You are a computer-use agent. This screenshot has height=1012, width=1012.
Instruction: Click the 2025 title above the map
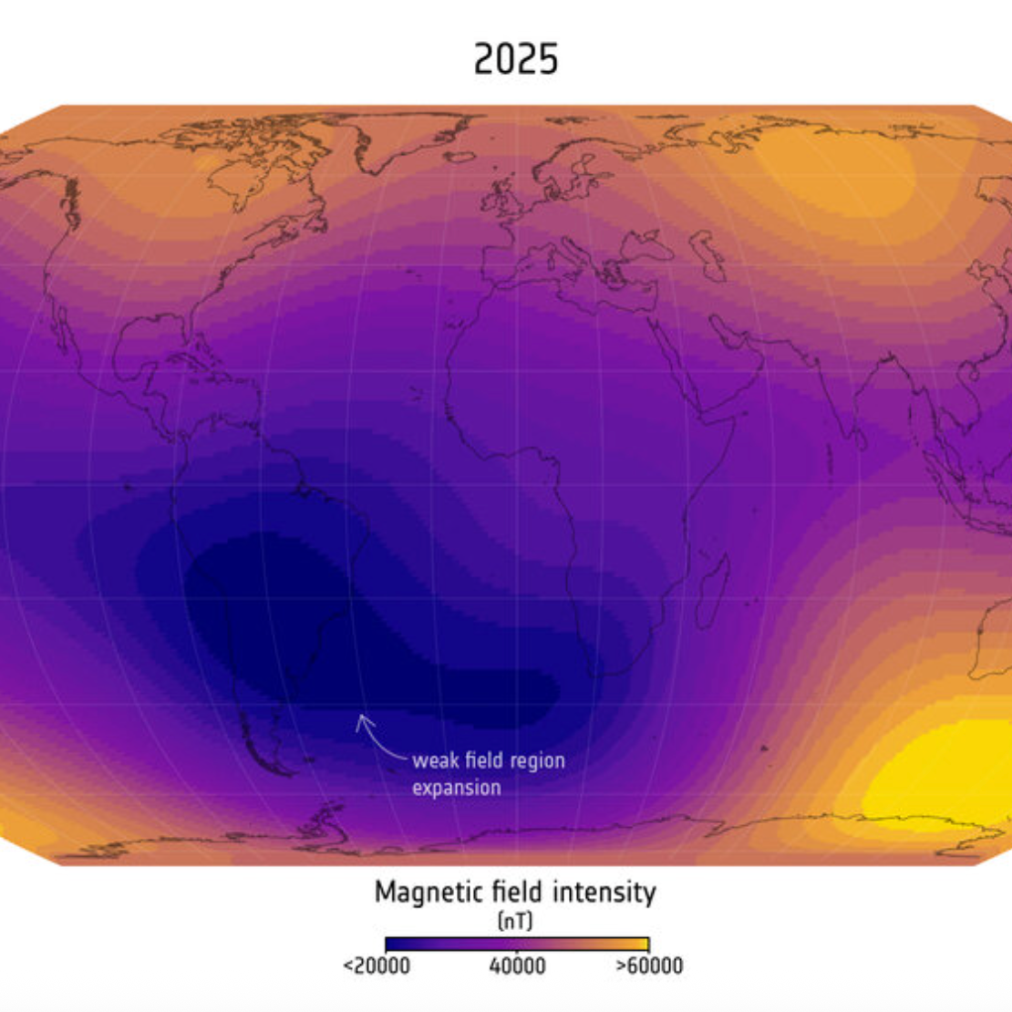(515, 60)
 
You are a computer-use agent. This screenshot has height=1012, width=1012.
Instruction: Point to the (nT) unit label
(515, 920)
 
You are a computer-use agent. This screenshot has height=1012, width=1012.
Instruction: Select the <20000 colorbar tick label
(377, 966)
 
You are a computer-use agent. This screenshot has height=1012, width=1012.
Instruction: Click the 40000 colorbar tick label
(517, 966)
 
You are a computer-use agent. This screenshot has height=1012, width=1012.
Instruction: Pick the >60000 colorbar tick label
(649, 966)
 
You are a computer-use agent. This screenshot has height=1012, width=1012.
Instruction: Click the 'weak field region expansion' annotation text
(488, 773)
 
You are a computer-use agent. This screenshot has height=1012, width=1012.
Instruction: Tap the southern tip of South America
(283, 770)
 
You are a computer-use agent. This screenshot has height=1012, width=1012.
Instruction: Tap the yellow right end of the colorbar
(642, 944)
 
